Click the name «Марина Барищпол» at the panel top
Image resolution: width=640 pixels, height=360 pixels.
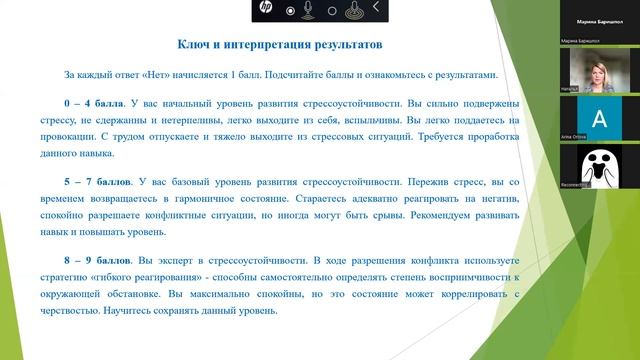600,20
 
